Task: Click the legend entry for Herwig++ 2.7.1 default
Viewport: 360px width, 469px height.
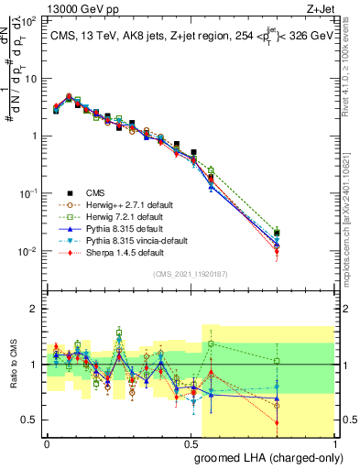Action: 123,204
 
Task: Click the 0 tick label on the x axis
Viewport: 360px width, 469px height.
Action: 47,444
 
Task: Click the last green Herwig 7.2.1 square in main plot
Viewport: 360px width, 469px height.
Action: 328,233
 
